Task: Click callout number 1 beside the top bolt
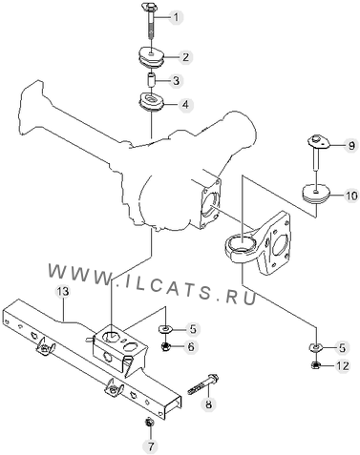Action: point(176,17)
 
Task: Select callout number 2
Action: point(185,57)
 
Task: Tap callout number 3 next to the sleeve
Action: point(176,81)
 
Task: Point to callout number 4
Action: point(185,104)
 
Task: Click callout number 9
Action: point(351,146)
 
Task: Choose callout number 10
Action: point(351,196)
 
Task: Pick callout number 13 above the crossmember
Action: point(63,292)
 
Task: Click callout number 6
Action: point(191,346)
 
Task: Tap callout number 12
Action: point(342,366)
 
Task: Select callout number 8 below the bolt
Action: point(208,404)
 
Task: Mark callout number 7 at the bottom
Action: point(150,446)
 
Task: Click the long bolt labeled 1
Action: point(149,22)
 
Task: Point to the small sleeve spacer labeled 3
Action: point(151,79)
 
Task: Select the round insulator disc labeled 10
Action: point(317,193)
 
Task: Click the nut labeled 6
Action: point(165,346)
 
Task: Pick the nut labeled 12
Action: point(315,365)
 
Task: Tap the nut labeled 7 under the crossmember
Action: point(149,423)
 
